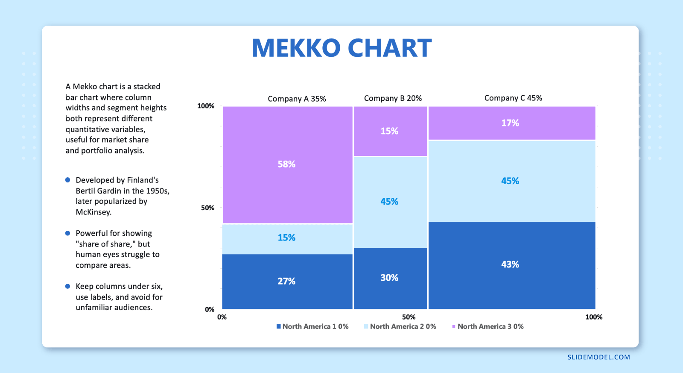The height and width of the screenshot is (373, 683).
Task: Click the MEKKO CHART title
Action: [341, 48]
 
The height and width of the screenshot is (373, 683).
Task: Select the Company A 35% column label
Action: [297, 99]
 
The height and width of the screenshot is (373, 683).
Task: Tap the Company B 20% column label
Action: [393, 98]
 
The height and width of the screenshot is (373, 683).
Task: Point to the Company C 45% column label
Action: [513, 98]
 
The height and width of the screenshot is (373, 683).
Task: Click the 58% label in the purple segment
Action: [286, 164]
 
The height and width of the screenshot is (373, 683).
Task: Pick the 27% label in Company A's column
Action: [286, 281]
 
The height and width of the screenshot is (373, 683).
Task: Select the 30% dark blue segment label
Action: [389, 278]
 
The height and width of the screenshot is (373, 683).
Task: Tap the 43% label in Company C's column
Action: [510, 264]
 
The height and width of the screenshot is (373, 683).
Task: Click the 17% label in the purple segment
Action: [510, 123]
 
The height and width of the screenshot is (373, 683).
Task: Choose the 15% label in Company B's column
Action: [389, 131]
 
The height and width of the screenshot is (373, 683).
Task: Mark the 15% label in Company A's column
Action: [286, 238]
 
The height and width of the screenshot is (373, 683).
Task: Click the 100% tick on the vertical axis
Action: [206, 106]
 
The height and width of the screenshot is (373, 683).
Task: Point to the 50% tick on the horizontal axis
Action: [409, 317]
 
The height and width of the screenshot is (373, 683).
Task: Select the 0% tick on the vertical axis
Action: [209, 309]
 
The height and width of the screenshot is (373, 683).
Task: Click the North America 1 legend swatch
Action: [279, 326]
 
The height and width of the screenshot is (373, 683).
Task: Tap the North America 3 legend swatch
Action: [454, 326]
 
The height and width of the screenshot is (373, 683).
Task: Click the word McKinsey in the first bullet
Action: [93, 212]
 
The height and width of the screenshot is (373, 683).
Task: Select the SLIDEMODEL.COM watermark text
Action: [598, 357]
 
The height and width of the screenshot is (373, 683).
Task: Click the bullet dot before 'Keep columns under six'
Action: [67, 286]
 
